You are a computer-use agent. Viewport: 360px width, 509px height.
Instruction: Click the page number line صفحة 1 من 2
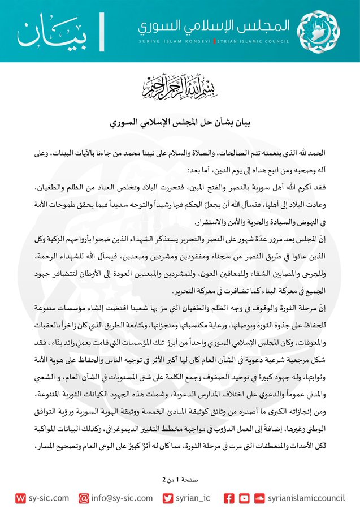coord(180,479)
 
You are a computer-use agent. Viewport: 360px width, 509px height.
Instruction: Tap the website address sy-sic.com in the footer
coord(49,498)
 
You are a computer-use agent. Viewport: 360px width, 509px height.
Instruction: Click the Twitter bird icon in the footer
coord(168,498)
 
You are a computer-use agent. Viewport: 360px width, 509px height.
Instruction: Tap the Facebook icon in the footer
coord(229,498)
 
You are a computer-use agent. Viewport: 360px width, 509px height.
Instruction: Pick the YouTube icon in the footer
coord(244,498)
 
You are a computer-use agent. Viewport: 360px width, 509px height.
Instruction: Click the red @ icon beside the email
coord(84,498)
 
